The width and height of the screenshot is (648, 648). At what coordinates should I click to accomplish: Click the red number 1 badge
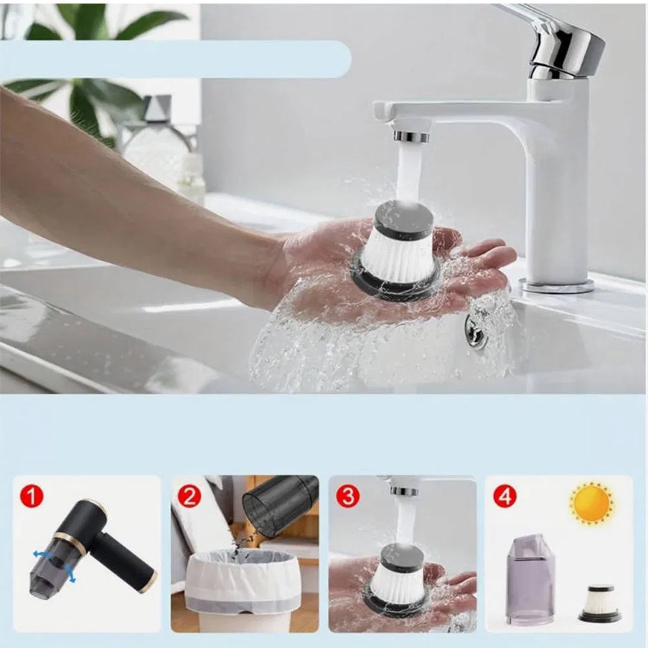[32, 496]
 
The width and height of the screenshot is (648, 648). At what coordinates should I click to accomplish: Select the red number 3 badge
[348, 496]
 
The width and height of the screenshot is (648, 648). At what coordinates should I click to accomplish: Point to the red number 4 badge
[505, 496]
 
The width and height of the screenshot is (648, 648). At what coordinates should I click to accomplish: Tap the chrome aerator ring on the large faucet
[411, 136]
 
